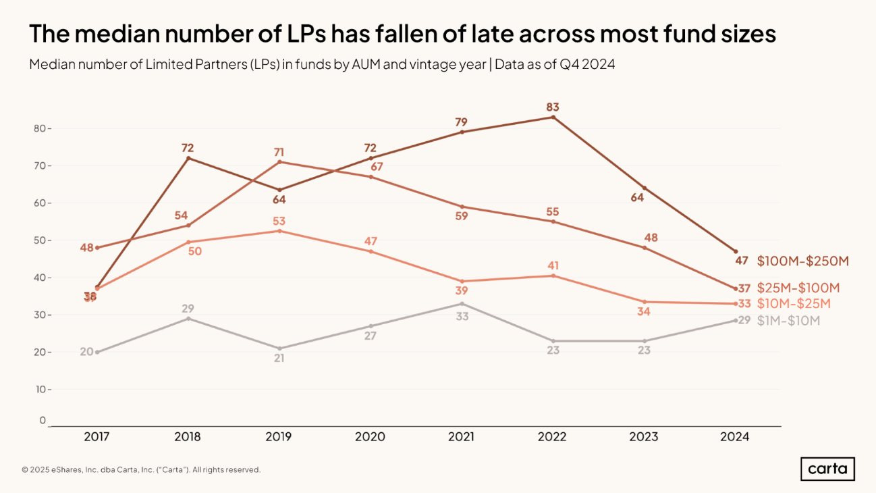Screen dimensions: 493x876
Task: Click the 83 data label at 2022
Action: pos(553,107)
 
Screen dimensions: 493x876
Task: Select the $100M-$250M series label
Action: pos(802,261)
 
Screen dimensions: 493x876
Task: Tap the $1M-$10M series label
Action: pos(788,321)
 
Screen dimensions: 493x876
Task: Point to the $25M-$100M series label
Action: pos(798,288)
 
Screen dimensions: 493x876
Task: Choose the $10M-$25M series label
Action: pos(794,304)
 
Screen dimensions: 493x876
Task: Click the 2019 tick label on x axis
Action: pos(279,437)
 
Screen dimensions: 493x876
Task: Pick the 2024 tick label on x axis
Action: pos(734,437)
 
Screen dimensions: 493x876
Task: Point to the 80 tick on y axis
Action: pos(40,128)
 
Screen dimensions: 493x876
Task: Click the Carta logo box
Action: pos(827,469)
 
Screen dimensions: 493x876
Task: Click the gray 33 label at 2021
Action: pos(462,315)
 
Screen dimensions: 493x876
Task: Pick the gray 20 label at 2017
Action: pos(86,351)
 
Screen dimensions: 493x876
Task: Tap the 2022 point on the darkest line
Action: pos(553,118)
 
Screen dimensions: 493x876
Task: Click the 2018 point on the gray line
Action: pos(188,318)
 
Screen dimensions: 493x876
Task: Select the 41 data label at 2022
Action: pos(553,265)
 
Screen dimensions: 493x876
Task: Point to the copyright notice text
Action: pos(141,469)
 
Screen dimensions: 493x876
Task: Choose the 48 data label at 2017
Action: pos(86,247)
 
